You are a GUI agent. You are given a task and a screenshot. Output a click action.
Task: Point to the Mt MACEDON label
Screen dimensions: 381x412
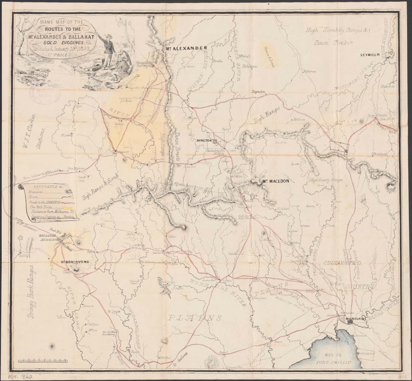(274, 181)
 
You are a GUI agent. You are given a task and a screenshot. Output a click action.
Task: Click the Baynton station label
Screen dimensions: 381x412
(258, 92)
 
